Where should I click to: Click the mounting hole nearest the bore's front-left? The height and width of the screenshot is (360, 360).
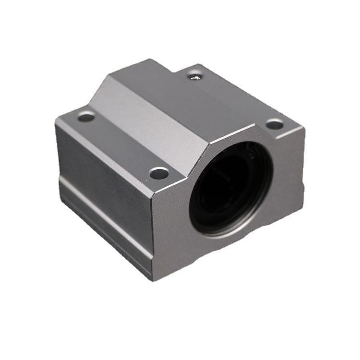pos(159,173)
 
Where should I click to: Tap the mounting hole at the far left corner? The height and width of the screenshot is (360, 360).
pos(86,116)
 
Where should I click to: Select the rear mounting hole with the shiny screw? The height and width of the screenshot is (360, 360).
pos(194,75)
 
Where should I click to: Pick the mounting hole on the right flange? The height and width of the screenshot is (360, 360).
pos(274,125)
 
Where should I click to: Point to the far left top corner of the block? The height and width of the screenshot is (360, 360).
pos(56,120)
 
